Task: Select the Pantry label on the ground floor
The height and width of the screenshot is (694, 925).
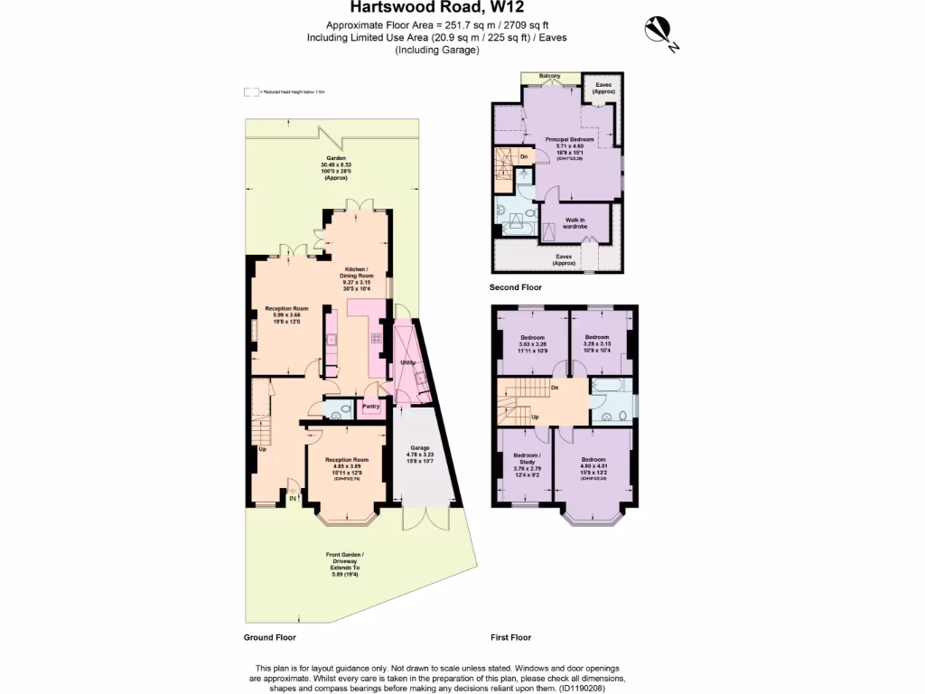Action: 371,407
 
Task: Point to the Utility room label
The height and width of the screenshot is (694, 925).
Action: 406,362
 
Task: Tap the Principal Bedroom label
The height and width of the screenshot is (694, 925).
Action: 569,139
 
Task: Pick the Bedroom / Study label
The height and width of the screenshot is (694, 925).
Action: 527,457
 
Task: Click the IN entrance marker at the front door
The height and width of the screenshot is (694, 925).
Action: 293,497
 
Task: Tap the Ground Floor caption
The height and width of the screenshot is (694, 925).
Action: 269,637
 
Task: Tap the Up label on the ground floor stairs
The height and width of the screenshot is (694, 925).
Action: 263,448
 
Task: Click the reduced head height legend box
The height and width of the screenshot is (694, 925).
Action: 250,92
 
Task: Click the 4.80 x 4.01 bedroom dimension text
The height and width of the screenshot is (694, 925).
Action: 593,466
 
